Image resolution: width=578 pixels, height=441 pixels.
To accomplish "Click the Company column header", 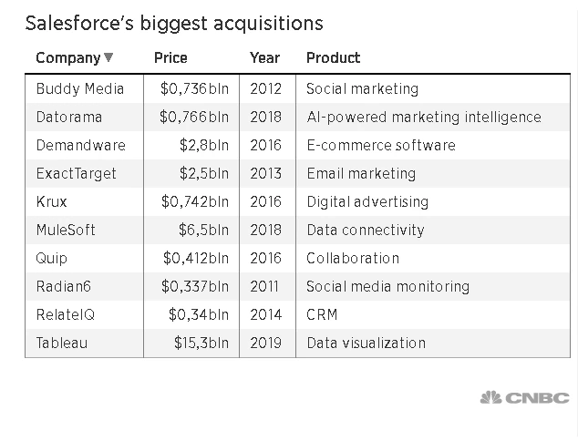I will coord(67,57).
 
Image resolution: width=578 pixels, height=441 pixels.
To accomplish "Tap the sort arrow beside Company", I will coord(109,58).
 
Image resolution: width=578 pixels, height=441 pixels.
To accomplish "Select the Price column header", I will coord(170,57).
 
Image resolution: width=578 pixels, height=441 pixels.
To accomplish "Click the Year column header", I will coord(264,57).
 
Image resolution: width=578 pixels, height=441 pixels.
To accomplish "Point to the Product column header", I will coord(333,57).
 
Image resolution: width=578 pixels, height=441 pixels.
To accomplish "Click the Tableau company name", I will coord(62,343).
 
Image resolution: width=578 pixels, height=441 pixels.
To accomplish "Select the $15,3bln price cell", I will coord(201,343).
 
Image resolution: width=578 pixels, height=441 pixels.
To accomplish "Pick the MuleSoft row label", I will coord(66,230).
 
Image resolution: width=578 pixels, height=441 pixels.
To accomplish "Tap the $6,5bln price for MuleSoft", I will coord(205,230).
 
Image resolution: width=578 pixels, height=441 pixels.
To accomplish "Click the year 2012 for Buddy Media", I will coord(265,88).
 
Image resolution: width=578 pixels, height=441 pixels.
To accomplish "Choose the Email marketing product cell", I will coord(361,173).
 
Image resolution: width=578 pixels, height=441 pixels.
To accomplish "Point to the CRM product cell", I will coord(322,314).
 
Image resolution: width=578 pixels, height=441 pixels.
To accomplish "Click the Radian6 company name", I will coord(64,286).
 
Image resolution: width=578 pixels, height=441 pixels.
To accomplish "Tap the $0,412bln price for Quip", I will coord(196,258).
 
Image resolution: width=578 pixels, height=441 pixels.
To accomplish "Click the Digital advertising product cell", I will coord(366,201).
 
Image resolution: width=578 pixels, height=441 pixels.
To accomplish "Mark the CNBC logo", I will coord(524,397).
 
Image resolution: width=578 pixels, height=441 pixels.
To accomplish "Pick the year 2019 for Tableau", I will coord(265,343).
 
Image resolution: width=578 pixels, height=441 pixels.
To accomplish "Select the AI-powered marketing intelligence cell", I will coord(423,117).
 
